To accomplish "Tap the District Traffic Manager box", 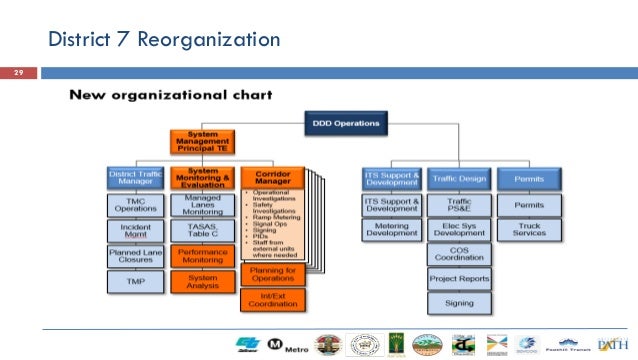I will [x=136, y=178].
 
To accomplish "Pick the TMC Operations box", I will [x=136, y=205].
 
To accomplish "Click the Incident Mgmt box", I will [x=136, y=231].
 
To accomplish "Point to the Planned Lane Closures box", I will [x=136, y=257].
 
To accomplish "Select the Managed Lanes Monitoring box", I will [x=203, y=205].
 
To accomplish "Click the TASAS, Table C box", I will [x=203, y=231].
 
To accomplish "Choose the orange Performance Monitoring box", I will [x=203, y=257].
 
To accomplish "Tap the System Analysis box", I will [x=203, y=283].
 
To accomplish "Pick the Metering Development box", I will [x=391, y=231].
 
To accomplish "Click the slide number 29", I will [x=17, y=73].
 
